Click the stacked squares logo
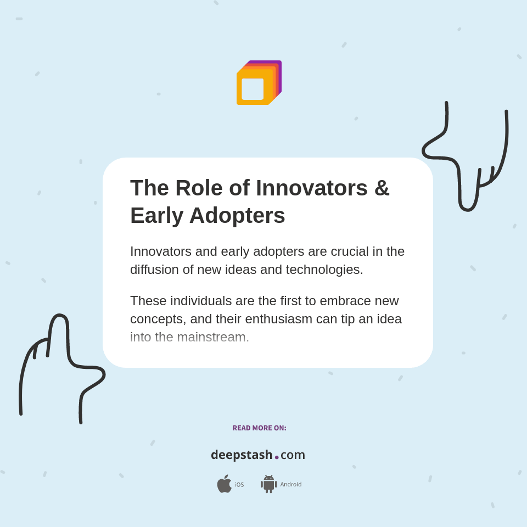point(259,82)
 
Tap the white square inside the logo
point(253,89)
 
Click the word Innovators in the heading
point(312,188)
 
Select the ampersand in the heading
point(382,188)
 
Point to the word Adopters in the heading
point(237,215)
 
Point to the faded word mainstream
point(213,337)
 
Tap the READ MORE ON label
point(259,428)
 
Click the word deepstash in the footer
point(242,455)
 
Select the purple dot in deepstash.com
point(277,457)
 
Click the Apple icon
point(224,484)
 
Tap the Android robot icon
point(268,484)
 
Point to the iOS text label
point(239,485)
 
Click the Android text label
point(290,485)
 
